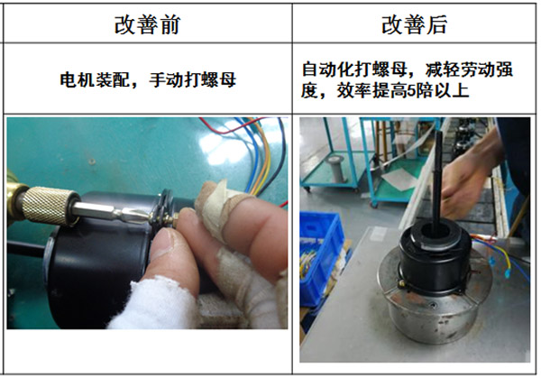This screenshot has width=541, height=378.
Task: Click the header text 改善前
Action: (x=148, y=24)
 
